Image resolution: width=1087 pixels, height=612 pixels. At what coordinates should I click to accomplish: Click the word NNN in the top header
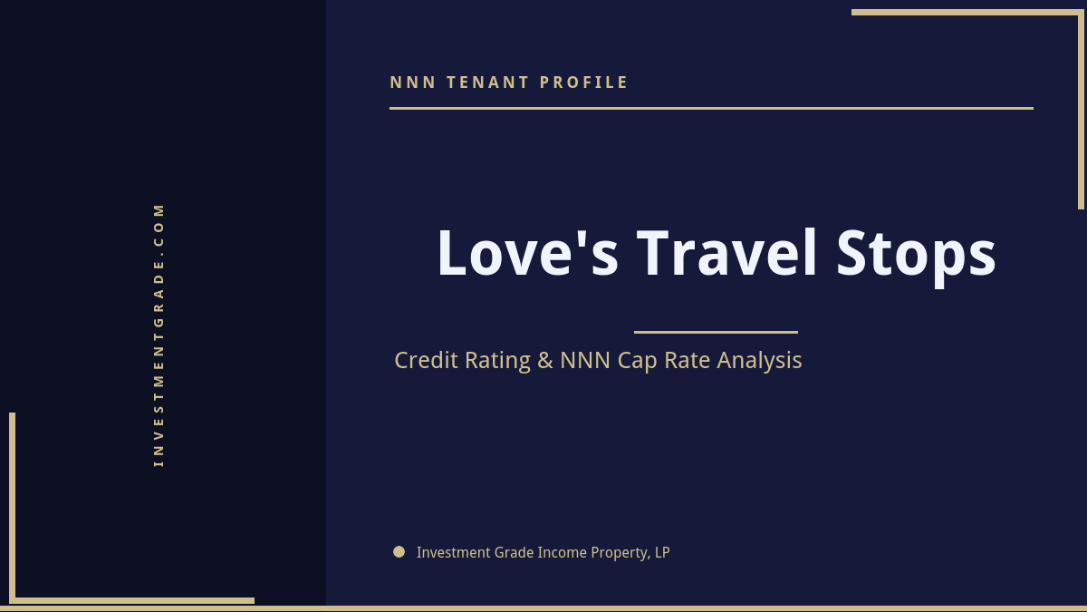click(x=413, y=83)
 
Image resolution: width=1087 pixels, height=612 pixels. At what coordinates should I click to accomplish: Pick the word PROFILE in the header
click(x=584, y=83)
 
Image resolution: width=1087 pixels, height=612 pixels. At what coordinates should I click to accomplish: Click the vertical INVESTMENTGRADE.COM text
click(x=159, y=335)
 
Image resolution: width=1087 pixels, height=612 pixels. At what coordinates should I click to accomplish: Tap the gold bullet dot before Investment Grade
click(x=399, y=551)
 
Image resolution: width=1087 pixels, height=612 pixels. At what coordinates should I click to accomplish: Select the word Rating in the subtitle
click(x=497, y=361)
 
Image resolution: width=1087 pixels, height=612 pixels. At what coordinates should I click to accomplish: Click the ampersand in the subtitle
click(x=544, y=360)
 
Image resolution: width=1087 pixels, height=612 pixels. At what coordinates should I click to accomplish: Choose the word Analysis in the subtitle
click(x=759, y=361)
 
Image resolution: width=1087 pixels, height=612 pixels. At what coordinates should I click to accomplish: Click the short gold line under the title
click(x=716, y=332)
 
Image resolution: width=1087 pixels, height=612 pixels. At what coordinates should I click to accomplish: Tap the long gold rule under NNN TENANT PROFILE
click(x=711, y=108)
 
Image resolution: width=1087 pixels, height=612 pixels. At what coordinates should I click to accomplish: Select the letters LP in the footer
click(x=662, y=552)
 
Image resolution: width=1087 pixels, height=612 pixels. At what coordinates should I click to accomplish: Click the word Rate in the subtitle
click(x=688, y=360)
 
